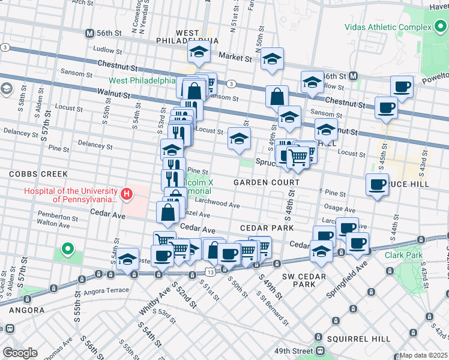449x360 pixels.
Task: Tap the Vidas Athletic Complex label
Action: [x=387, y=28]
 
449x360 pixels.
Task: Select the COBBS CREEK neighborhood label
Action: [x=33, y=173]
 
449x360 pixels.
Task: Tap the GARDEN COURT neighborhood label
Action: [x=266, y=182]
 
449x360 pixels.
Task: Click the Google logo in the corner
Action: [x=20, y=353]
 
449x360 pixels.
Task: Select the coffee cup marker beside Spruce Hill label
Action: [x=376, y=185]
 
